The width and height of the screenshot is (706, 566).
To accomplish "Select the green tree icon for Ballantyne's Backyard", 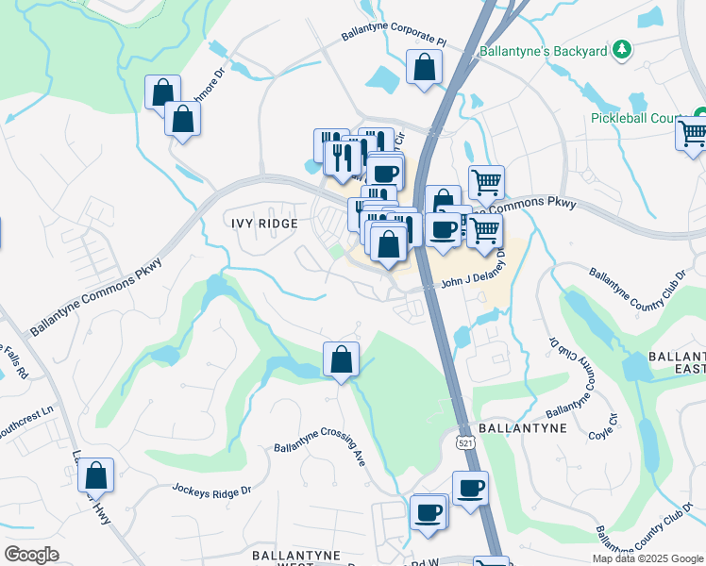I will (621, 48).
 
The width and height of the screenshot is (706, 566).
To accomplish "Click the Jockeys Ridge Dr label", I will (212, 490).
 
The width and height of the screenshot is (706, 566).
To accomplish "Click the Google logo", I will (32, 555).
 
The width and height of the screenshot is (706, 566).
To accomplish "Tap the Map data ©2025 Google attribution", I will (647, 558).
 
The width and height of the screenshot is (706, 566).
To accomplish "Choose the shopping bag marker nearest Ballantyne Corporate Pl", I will (425, 68).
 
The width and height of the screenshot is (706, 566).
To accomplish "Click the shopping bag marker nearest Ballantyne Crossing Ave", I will (341, 359).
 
